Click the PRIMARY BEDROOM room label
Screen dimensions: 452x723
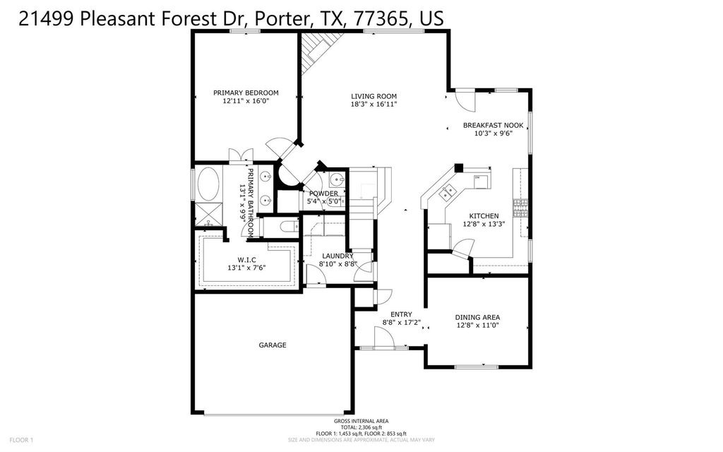(x=246, y=93)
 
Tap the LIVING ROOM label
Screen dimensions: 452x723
(x=374, y=96)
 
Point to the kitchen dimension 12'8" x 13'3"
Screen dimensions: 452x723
(x=484, y=225)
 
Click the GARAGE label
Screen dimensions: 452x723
(x=272, y=345)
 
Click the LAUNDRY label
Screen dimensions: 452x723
(x=332, y=256)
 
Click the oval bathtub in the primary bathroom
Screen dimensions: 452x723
(x=208, y=186)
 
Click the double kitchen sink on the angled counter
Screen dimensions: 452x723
(x=447, y=191)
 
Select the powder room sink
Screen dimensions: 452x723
(x=337, y=179)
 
